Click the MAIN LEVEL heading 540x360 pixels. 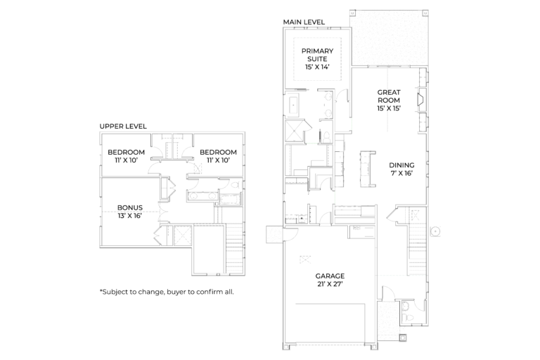pos(304,22)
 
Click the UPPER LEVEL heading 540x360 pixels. pos(123,127)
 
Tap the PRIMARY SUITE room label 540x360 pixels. pos(317,55)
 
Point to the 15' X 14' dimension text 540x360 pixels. pos(317,67)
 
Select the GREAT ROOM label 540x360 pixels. pos(389,96)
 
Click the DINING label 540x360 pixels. pos(401,165)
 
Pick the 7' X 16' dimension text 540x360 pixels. pos(401,173)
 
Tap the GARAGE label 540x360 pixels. pos(330,276)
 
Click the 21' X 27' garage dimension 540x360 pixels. pos(330,284)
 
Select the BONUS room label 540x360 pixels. pos(130,207)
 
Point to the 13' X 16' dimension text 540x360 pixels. pos(130,216)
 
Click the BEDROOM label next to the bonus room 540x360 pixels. pos(126,153)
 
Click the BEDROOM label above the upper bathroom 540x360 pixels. pos(218,153)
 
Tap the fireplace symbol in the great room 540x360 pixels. pos(421,100)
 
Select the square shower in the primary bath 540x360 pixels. pos(295,131)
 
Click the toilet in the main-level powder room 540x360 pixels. pos(406,317)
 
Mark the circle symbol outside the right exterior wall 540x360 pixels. pos(436,231)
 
